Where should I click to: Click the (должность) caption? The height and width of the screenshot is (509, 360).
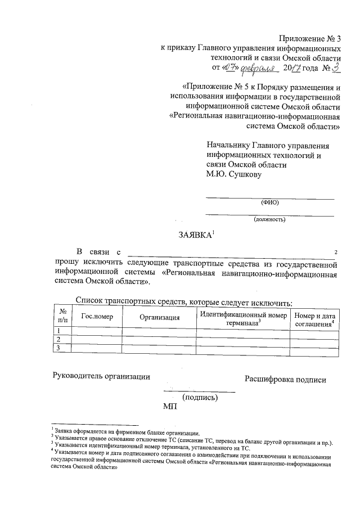click(x=269, y=219)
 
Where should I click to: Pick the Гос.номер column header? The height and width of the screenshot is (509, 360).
click(x=97, y=317)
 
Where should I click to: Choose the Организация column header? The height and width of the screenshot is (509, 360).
click(x=159, y=317)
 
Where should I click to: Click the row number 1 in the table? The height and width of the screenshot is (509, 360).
click(x=58, y=331)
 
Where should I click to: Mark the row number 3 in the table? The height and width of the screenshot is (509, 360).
click(x=58, y=349)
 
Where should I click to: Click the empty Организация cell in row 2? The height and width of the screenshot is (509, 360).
click(x=159, y=340)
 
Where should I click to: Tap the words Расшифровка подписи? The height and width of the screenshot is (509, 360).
click(x=285, y=380)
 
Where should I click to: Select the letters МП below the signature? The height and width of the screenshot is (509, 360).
click(x=169, y=407)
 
